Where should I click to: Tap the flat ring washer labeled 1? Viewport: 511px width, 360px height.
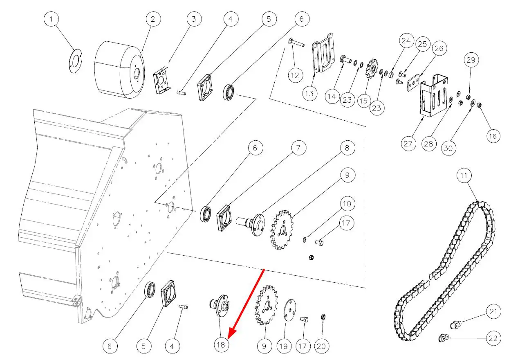[x=74, y=61]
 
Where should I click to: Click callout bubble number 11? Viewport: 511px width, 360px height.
[x=464, y=176]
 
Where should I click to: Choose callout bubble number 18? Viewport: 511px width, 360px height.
[x=221, y=345]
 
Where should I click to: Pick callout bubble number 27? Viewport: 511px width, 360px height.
[x=408, y=144]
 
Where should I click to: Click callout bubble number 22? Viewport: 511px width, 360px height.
[x=493, y=338]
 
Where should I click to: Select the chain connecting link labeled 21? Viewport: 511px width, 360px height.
[x=455, y=325]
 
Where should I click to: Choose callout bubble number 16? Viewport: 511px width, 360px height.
[x=493, y=135]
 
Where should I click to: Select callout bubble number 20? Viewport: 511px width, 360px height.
[x=322, y=346]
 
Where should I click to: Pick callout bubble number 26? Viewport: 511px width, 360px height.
[x=438, y=49]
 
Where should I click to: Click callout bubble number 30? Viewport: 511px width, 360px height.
[x=448, y=148]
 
